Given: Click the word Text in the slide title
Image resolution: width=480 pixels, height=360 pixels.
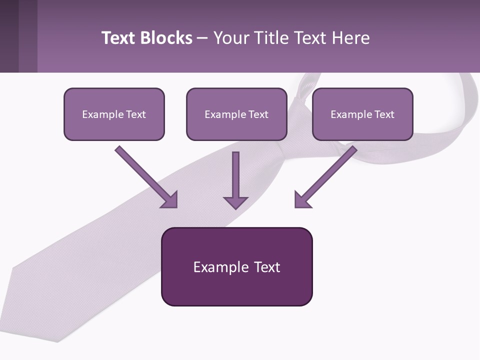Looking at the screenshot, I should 118,38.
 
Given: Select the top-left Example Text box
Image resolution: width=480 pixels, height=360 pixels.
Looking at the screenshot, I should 114,114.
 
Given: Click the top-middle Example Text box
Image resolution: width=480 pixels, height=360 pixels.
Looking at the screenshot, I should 236,114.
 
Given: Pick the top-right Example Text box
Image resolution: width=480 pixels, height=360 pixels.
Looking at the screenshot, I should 362,114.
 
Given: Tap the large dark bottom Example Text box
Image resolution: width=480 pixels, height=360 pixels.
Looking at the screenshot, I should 236,266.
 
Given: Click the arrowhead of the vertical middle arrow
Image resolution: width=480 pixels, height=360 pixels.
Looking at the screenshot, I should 235,202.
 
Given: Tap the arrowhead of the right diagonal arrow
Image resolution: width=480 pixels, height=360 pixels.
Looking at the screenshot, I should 302,200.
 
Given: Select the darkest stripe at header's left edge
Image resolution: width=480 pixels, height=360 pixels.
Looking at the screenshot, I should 9,36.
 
